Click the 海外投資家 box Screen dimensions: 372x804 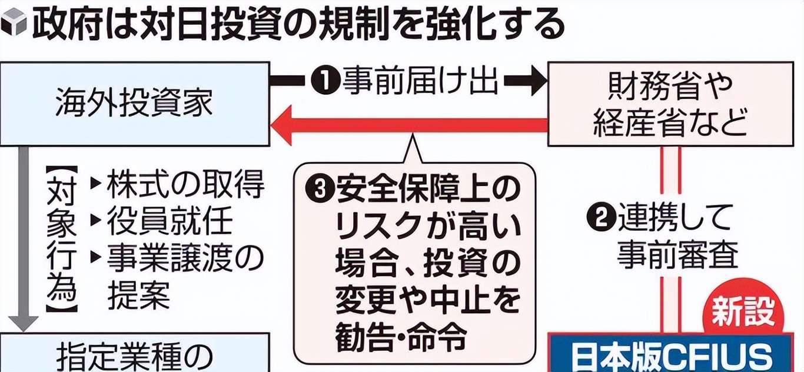[134, 103]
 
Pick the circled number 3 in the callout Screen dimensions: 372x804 [320, 190]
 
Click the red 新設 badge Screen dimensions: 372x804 [743, 314]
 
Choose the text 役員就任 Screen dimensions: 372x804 [170, 222]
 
